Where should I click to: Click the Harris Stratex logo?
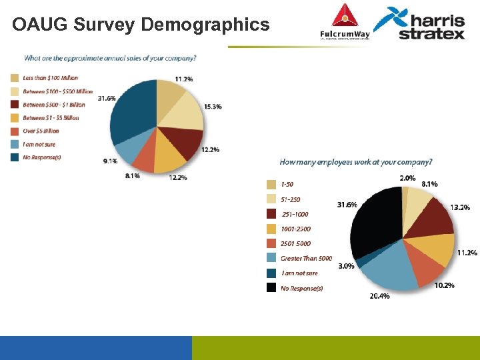tap(419, 23)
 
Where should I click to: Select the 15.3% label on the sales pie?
tap(213, 107)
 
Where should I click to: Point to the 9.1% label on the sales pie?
tap(111, 161)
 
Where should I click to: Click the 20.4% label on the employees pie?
tap(379, 296)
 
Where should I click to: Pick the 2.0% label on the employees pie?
tap(407, 178)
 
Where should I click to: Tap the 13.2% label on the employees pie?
tap(459, 207)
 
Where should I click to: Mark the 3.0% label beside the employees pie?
tap(346, 266)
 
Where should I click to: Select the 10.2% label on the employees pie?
tap(444, 285)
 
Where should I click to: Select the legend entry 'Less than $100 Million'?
tap(50, 78)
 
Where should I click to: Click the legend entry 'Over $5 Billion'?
tap(41, 131)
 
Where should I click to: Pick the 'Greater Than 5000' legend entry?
tap(306, 258)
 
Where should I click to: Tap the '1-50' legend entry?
tap(287, 185)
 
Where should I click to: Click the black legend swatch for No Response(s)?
tap(271, 288)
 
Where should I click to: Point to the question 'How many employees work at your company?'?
tap(355, 162)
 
